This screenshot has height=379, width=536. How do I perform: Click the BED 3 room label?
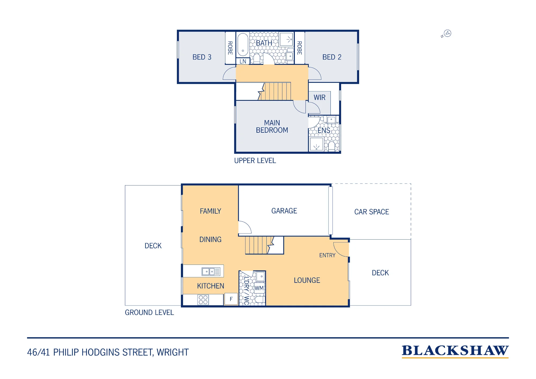(x=202, y=57)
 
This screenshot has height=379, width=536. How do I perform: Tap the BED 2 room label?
(x=332, y=57)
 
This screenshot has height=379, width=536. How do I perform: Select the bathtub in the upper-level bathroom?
(x=243, y=45)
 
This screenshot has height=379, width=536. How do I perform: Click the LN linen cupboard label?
(x=243, y=61)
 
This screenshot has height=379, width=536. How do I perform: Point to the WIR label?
(x=319, y=97)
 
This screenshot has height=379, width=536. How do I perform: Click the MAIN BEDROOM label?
(x=272, y=127)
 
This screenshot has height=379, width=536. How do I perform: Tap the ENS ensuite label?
(x=324, y=131)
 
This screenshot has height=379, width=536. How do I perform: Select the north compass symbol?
(x=446, y=34)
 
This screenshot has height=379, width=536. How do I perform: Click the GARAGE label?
(x=284, y=211)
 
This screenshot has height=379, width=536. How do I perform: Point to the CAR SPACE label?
(x=371, y=212)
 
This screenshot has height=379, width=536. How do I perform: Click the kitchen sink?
(x=211, y=272)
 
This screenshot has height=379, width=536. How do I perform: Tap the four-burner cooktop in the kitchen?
(x=203, y=300)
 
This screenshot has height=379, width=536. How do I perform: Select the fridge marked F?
(x=231, y=299)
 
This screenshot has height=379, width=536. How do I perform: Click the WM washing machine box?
(x=259, y=288)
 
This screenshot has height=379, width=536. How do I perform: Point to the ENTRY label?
(x=327, y=255)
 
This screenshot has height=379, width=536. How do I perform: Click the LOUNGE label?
(x=307, y=280)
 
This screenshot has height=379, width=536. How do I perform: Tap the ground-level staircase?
(x=264, y=245)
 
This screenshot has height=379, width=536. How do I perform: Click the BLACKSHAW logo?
(x=455, y=351)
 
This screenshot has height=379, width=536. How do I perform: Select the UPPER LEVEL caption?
(x=255, y=161)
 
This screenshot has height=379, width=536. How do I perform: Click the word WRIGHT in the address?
(x=173, y=352)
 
